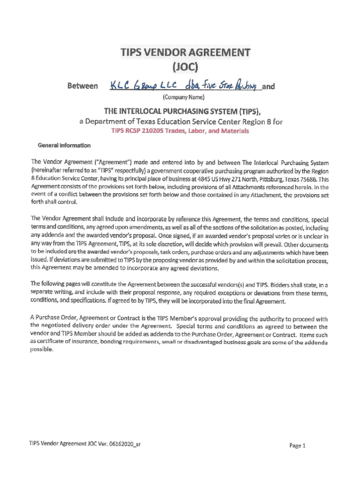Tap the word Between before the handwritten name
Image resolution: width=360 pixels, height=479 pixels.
pos(83,86)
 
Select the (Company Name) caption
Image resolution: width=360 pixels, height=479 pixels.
pos(183,98)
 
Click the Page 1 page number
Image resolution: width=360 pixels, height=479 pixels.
pos(297,445)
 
